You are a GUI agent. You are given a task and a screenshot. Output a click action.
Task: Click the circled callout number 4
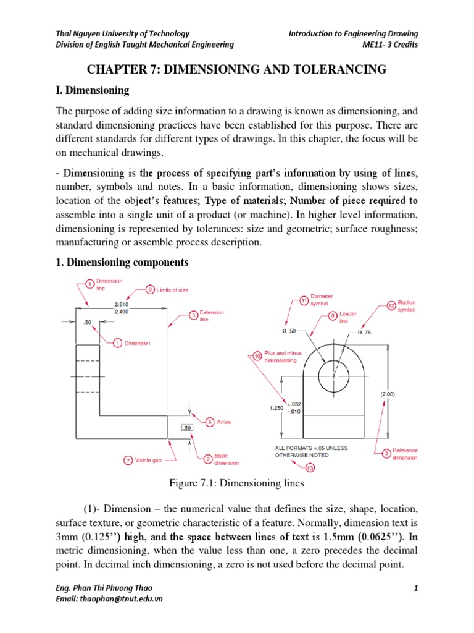coord(91,284)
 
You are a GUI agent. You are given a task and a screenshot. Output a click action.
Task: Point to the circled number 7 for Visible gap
coord(128,461)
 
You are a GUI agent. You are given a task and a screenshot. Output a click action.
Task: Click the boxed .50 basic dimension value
coord(188,428)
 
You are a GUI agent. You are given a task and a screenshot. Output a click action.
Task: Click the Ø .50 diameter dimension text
coord(288,331)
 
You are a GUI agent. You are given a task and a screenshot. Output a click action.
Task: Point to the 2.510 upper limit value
coord(123,304)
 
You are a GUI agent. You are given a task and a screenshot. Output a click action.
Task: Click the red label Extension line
coord(212,316)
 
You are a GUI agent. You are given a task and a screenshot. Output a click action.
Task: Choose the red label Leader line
coord(348,318)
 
